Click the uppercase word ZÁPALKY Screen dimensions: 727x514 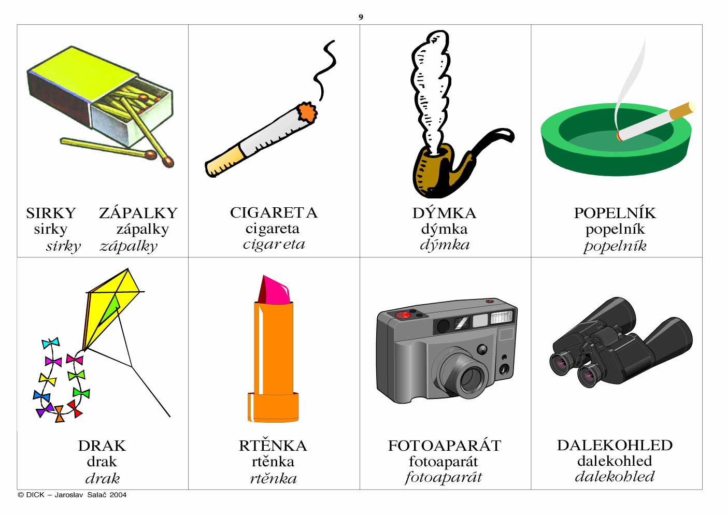(138, 213)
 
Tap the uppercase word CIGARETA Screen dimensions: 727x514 (274, 213)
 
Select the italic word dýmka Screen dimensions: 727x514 (445, 245)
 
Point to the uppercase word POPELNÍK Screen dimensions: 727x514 (615, 213)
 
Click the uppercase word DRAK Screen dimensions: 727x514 (102, 446)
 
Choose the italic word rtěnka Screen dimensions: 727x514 (273, 478)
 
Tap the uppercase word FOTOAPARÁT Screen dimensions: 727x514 (445, 446)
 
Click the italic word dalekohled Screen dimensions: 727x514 (615, 477)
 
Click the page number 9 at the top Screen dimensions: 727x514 (361, 17)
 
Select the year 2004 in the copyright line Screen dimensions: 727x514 (118, 495)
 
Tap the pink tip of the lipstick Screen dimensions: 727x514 (274, 290)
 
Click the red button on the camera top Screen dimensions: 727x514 (403, 315)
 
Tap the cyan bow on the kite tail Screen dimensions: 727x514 (51, 342)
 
